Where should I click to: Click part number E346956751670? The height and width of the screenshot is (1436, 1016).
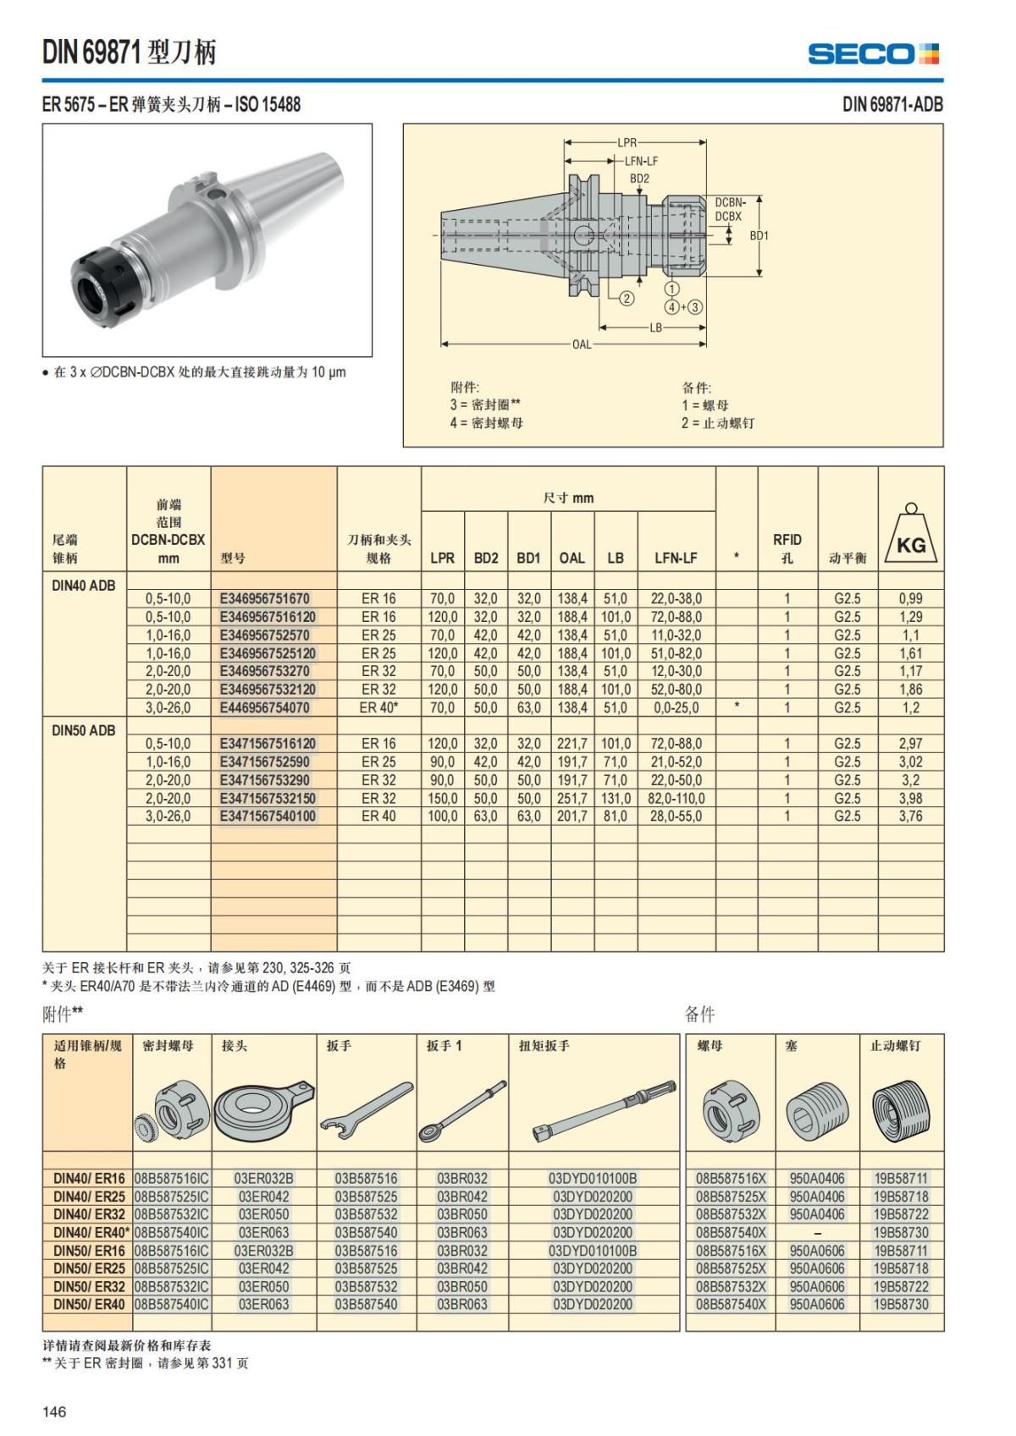click(x=265, y=598)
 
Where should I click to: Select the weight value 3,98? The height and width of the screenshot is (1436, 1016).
click(x=910, y=798)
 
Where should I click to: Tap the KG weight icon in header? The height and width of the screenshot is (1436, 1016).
click(x=911, y=535)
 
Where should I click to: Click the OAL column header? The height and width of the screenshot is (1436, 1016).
click(x=571, y=558)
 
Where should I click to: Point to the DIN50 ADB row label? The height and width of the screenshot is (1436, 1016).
click(x=83, y=730)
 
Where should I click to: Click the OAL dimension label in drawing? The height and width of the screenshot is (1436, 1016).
click(x=582, y=344)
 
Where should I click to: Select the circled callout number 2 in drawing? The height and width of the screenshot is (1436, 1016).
click(x=627, y=298)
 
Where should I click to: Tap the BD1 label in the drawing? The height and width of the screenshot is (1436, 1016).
click(x=759, y=236)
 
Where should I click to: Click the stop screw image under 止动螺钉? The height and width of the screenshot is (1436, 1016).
click(x=900, y=1109)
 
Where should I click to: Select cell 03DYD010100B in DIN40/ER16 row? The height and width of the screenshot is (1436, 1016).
click(x=593, y=1178)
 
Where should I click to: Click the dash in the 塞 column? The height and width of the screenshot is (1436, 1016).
click(x=816, y=1233)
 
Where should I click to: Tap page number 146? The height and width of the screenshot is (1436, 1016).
click(x=54, y=1411)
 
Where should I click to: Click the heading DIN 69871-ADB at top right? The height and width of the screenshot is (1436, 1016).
click(x=892, y=104)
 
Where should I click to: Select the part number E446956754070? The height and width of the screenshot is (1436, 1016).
click(x=265, y=707)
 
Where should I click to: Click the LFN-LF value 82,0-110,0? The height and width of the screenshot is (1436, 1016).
click(x=676, y=798)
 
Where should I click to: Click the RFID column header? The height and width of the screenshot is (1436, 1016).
click(x=787, y=547)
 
